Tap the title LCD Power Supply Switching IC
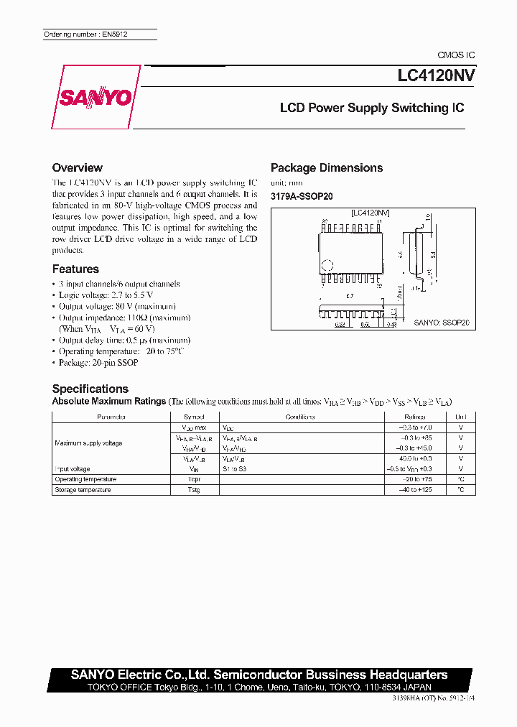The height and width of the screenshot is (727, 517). point(371,108)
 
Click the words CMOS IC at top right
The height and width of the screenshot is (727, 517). point(456,55)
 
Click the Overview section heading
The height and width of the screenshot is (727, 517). point(82,167)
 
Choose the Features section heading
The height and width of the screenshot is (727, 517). point(75,269)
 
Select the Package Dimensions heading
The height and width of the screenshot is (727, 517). point(326,167)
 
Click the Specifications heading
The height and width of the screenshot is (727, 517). point(90,389)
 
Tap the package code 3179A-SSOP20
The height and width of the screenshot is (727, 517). point(302,196)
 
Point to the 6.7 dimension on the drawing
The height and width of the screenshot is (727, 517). point(350,296)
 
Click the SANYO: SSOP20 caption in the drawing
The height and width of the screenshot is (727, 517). point(441,324)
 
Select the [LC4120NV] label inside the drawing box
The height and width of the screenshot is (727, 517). point(370,213)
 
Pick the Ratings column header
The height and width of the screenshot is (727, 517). point(416,417)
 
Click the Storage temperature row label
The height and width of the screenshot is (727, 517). point(83,490)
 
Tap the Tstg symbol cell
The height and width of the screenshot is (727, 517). point(193,490)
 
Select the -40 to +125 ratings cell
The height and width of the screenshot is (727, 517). point(416,490)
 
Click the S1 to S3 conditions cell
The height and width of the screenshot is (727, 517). point(234,468)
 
